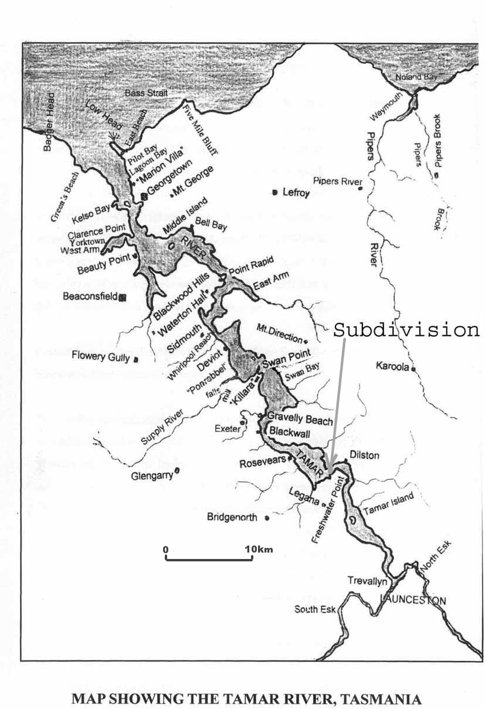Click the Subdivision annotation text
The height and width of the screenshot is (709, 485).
pos(406,330)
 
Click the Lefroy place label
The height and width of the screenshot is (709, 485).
pos(296,193)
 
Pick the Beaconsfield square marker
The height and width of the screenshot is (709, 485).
pos(123,297)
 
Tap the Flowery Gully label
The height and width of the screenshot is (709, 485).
pos(101,356)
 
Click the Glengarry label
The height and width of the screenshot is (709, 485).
pos(152,476)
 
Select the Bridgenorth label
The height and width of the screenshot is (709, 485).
pos(234,517)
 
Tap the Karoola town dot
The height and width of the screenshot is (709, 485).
pos(414,369)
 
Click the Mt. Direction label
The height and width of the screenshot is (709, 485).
pos(279,332)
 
